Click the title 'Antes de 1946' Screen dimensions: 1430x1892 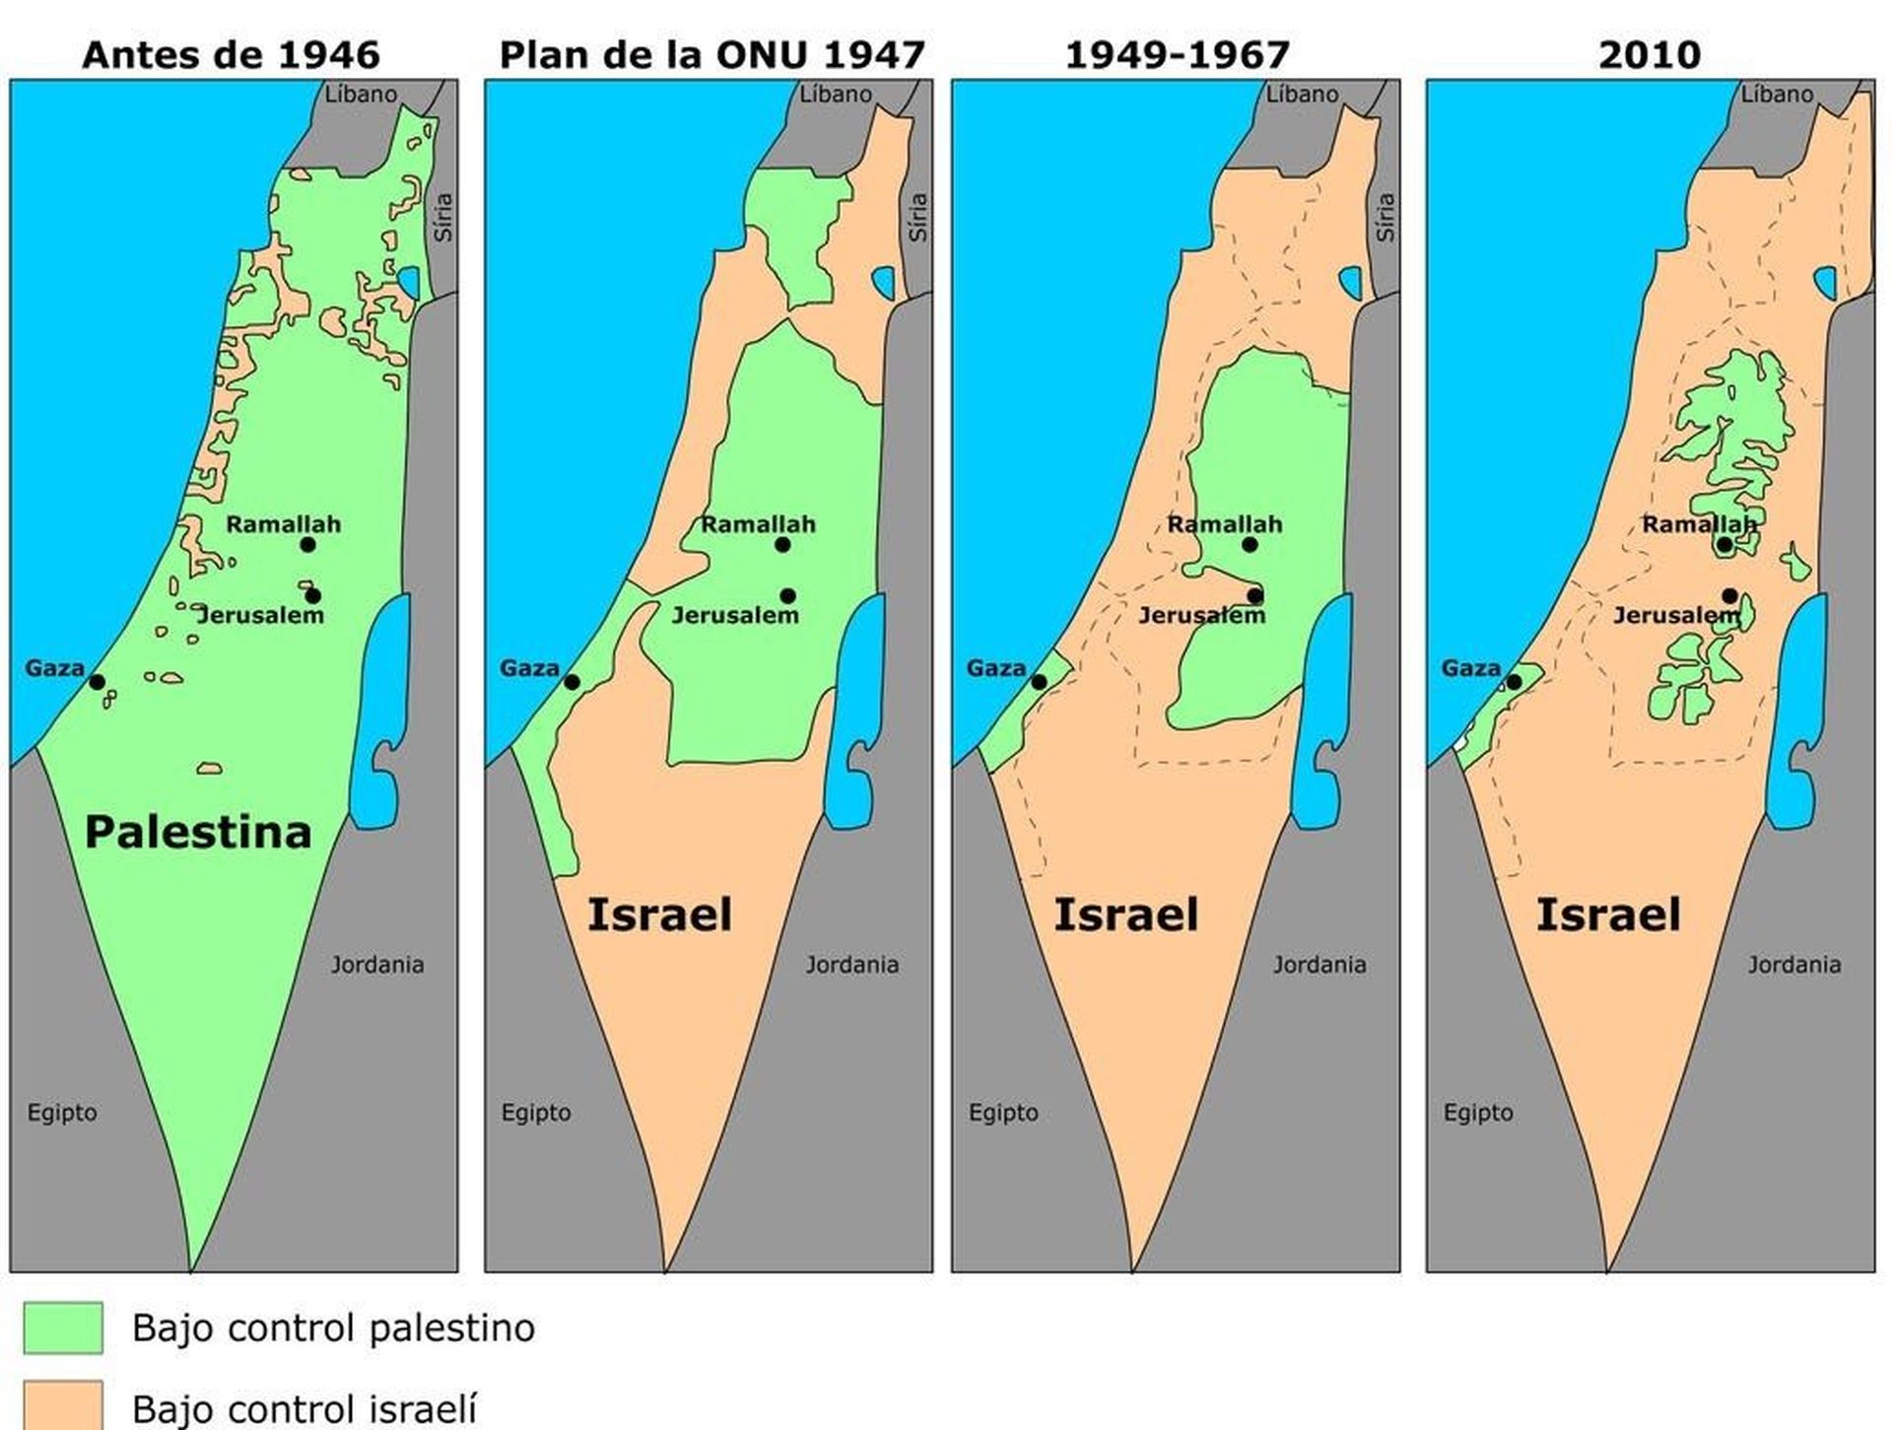pyautogui.click(x=231, y=54)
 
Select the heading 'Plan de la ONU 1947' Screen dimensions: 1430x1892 pyautogui.click(x=711, y=54)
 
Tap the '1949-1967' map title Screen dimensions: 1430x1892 pyautogui.click(x=1178, y=54)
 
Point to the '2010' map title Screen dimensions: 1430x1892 pyautogui.click(x=1650, y=54)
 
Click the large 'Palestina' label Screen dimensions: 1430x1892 pyautogui.click(x=198, y=833)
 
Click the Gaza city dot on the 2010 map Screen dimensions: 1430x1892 pyautogui.click(x=1514, y=682)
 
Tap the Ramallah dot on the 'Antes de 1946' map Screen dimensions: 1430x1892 pyautogui.click(x=307, y=545)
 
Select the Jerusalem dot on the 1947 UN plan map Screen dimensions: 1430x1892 pyautogui.click(x=787, y=595)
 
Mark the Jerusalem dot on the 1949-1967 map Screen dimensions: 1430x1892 pyautogui.click(x=1254, y=595)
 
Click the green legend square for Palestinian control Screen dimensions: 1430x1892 pyautogui.click(x=63, y=1328)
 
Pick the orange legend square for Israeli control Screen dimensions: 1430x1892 pyautogui.click(x=63, y=1405)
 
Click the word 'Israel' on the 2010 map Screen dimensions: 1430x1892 pyautogui.click(x=1608, y=916)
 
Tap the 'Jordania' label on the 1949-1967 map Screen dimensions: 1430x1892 pyautogui.click(x=1319, y=965)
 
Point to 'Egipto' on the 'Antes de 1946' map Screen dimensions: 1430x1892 pyautogui.click(x=62, y=1113)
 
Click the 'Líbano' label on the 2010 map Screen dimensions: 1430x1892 pyautogui.click(x=1777, y=95)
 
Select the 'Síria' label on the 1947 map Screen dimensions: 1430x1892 pyautogui.click(x=917, y=218)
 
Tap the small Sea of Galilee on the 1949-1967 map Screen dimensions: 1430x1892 pyautogui.click(x=1351, y=283)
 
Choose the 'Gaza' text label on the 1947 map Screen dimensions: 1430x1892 pyautogui.click(x=529, y=668)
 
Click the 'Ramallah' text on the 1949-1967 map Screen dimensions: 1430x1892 pyautogui.click(x=1225, y=524)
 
